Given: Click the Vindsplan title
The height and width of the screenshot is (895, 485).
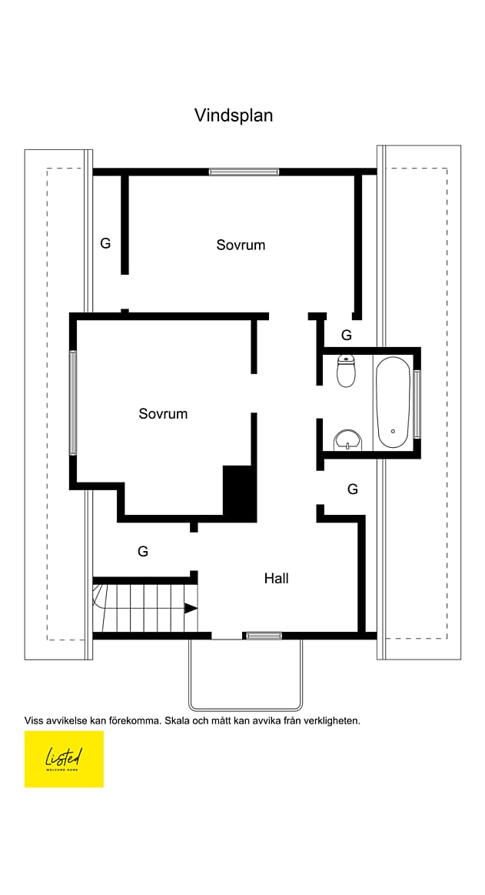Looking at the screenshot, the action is pyautogui.click(x=234, y=115).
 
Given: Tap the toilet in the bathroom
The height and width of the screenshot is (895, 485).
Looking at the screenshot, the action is pyautogui.click(x=347, y=371).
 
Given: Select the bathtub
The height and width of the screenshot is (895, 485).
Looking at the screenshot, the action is pyautogui.click(x=393, y=402).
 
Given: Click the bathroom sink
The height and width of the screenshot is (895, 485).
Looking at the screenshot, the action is pyautogui.click(x=347, y=439).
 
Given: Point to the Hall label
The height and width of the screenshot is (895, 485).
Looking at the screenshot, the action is pyautogui.click(x=277, y=578).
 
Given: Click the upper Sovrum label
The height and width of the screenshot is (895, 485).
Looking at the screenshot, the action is pyautogui.click(x=241, y=245).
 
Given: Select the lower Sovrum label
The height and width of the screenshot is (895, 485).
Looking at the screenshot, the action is pyautogui.click(x=163, y=414).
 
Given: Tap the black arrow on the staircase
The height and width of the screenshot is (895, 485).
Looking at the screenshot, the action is pyautogui.click(x=191, y=609).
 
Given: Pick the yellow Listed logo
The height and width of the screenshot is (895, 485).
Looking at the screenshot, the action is pyautogui.click(x=64, y=759).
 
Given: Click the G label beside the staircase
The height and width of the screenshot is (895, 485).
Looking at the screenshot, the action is pyautogui.click(x=143, y=551).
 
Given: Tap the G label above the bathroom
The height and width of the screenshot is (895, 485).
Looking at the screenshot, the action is pyautogui.click(x=347, y=336).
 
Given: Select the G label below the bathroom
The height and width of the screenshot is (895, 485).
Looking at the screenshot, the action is pyautogui.click(x=353, y=489).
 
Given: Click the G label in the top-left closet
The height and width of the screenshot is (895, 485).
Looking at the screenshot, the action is pyautogui.click(x=105, y=244).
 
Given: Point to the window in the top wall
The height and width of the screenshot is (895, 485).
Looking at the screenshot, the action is pyautogui.click(x=244, y=172).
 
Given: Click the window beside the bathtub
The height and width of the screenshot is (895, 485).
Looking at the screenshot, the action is pyautogui.click(x=417, y=404).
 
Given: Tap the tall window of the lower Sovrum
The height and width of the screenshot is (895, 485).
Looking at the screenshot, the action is pyautogui.click(x=73, y=402).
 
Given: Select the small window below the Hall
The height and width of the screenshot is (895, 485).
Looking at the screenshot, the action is pyautogui.click(x=263, y=636).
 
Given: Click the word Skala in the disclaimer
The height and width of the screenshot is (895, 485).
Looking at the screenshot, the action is pyautogui.click(x=178, y=721).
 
